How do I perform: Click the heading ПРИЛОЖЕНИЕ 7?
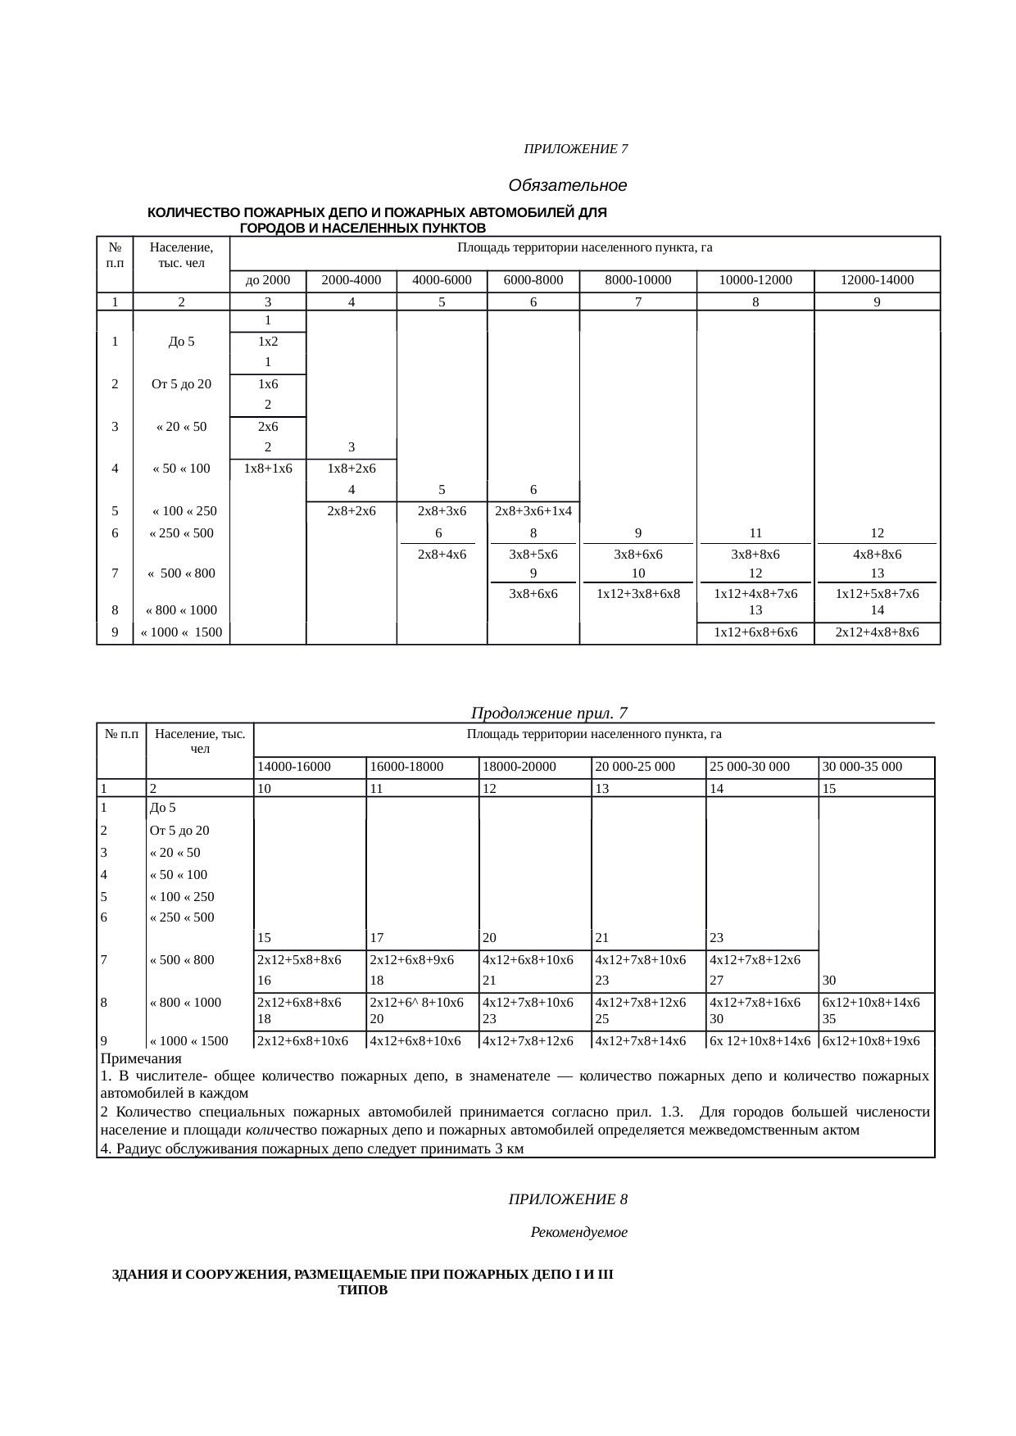pos(576,149)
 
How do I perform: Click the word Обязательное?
pos(568,185)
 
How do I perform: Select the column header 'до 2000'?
pos(268,280)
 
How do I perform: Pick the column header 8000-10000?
pos(637,280)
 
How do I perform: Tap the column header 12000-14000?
pos(877,280)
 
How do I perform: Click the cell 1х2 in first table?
pos(268,342)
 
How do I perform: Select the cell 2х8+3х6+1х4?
pos(533,511)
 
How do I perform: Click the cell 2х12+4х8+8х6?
pos(877,632)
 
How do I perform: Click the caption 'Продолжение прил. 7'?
pos(550,713)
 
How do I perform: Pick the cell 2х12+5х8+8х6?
pos(299,959)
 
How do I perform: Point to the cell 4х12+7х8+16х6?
pos(755,1002)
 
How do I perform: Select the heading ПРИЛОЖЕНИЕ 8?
pos(568,1199)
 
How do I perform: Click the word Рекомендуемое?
pos(578,1232)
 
